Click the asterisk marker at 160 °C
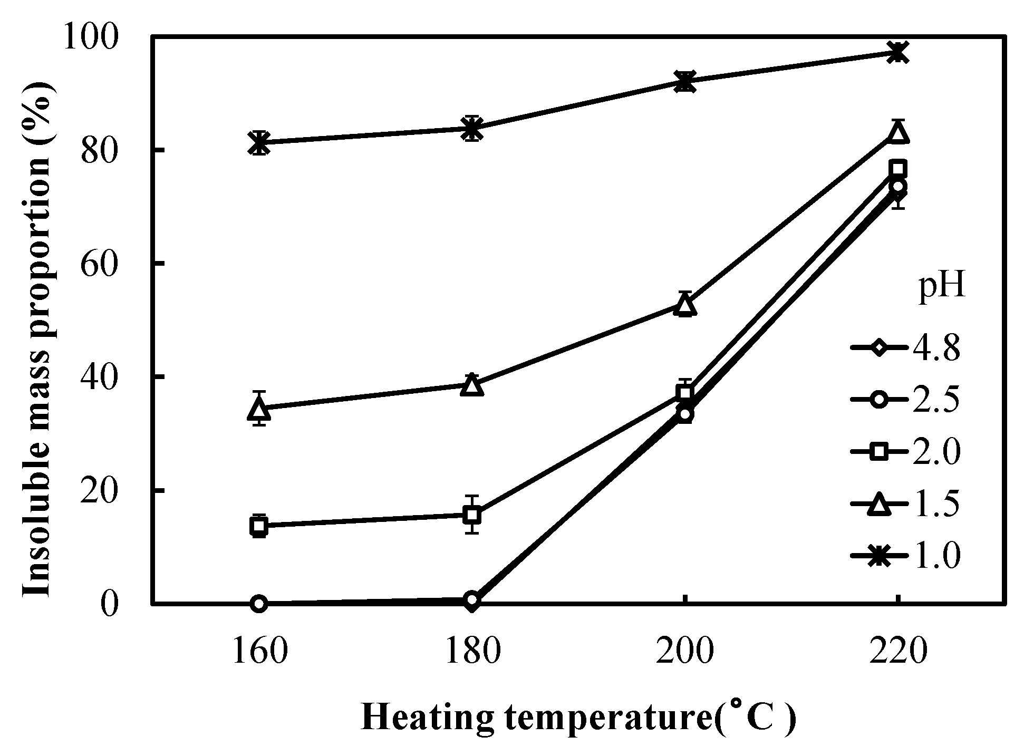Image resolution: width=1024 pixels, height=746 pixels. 258,142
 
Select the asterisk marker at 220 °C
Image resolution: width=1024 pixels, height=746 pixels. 897,53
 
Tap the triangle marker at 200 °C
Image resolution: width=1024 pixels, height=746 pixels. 685,305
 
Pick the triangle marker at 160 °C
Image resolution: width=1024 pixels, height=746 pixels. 258,408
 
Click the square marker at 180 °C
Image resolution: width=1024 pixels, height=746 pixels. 472,514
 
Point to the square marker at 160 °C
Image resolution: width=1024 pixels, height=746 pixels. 258,526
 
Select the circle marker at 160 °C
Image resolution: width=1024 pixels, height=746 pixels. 258,604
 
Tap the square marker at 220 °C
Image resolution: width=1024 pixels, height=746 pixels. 897,169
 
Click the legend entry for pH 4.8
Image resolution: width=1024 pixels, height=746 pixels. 904,349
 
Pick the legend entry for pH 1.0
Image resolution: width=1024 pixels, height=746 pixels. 904,556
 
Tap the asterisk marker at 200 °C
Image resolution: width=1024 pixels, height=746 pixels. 685,81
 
